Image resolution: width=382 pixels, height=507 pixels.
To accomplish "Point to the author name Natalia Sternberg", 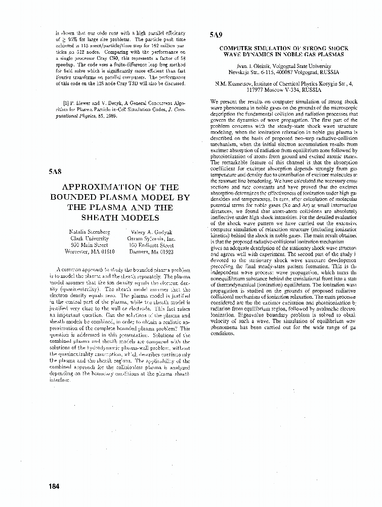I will pos(89,232).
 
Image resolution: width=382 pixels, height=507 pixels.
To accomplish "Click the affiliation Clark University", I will pos(89,238).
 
